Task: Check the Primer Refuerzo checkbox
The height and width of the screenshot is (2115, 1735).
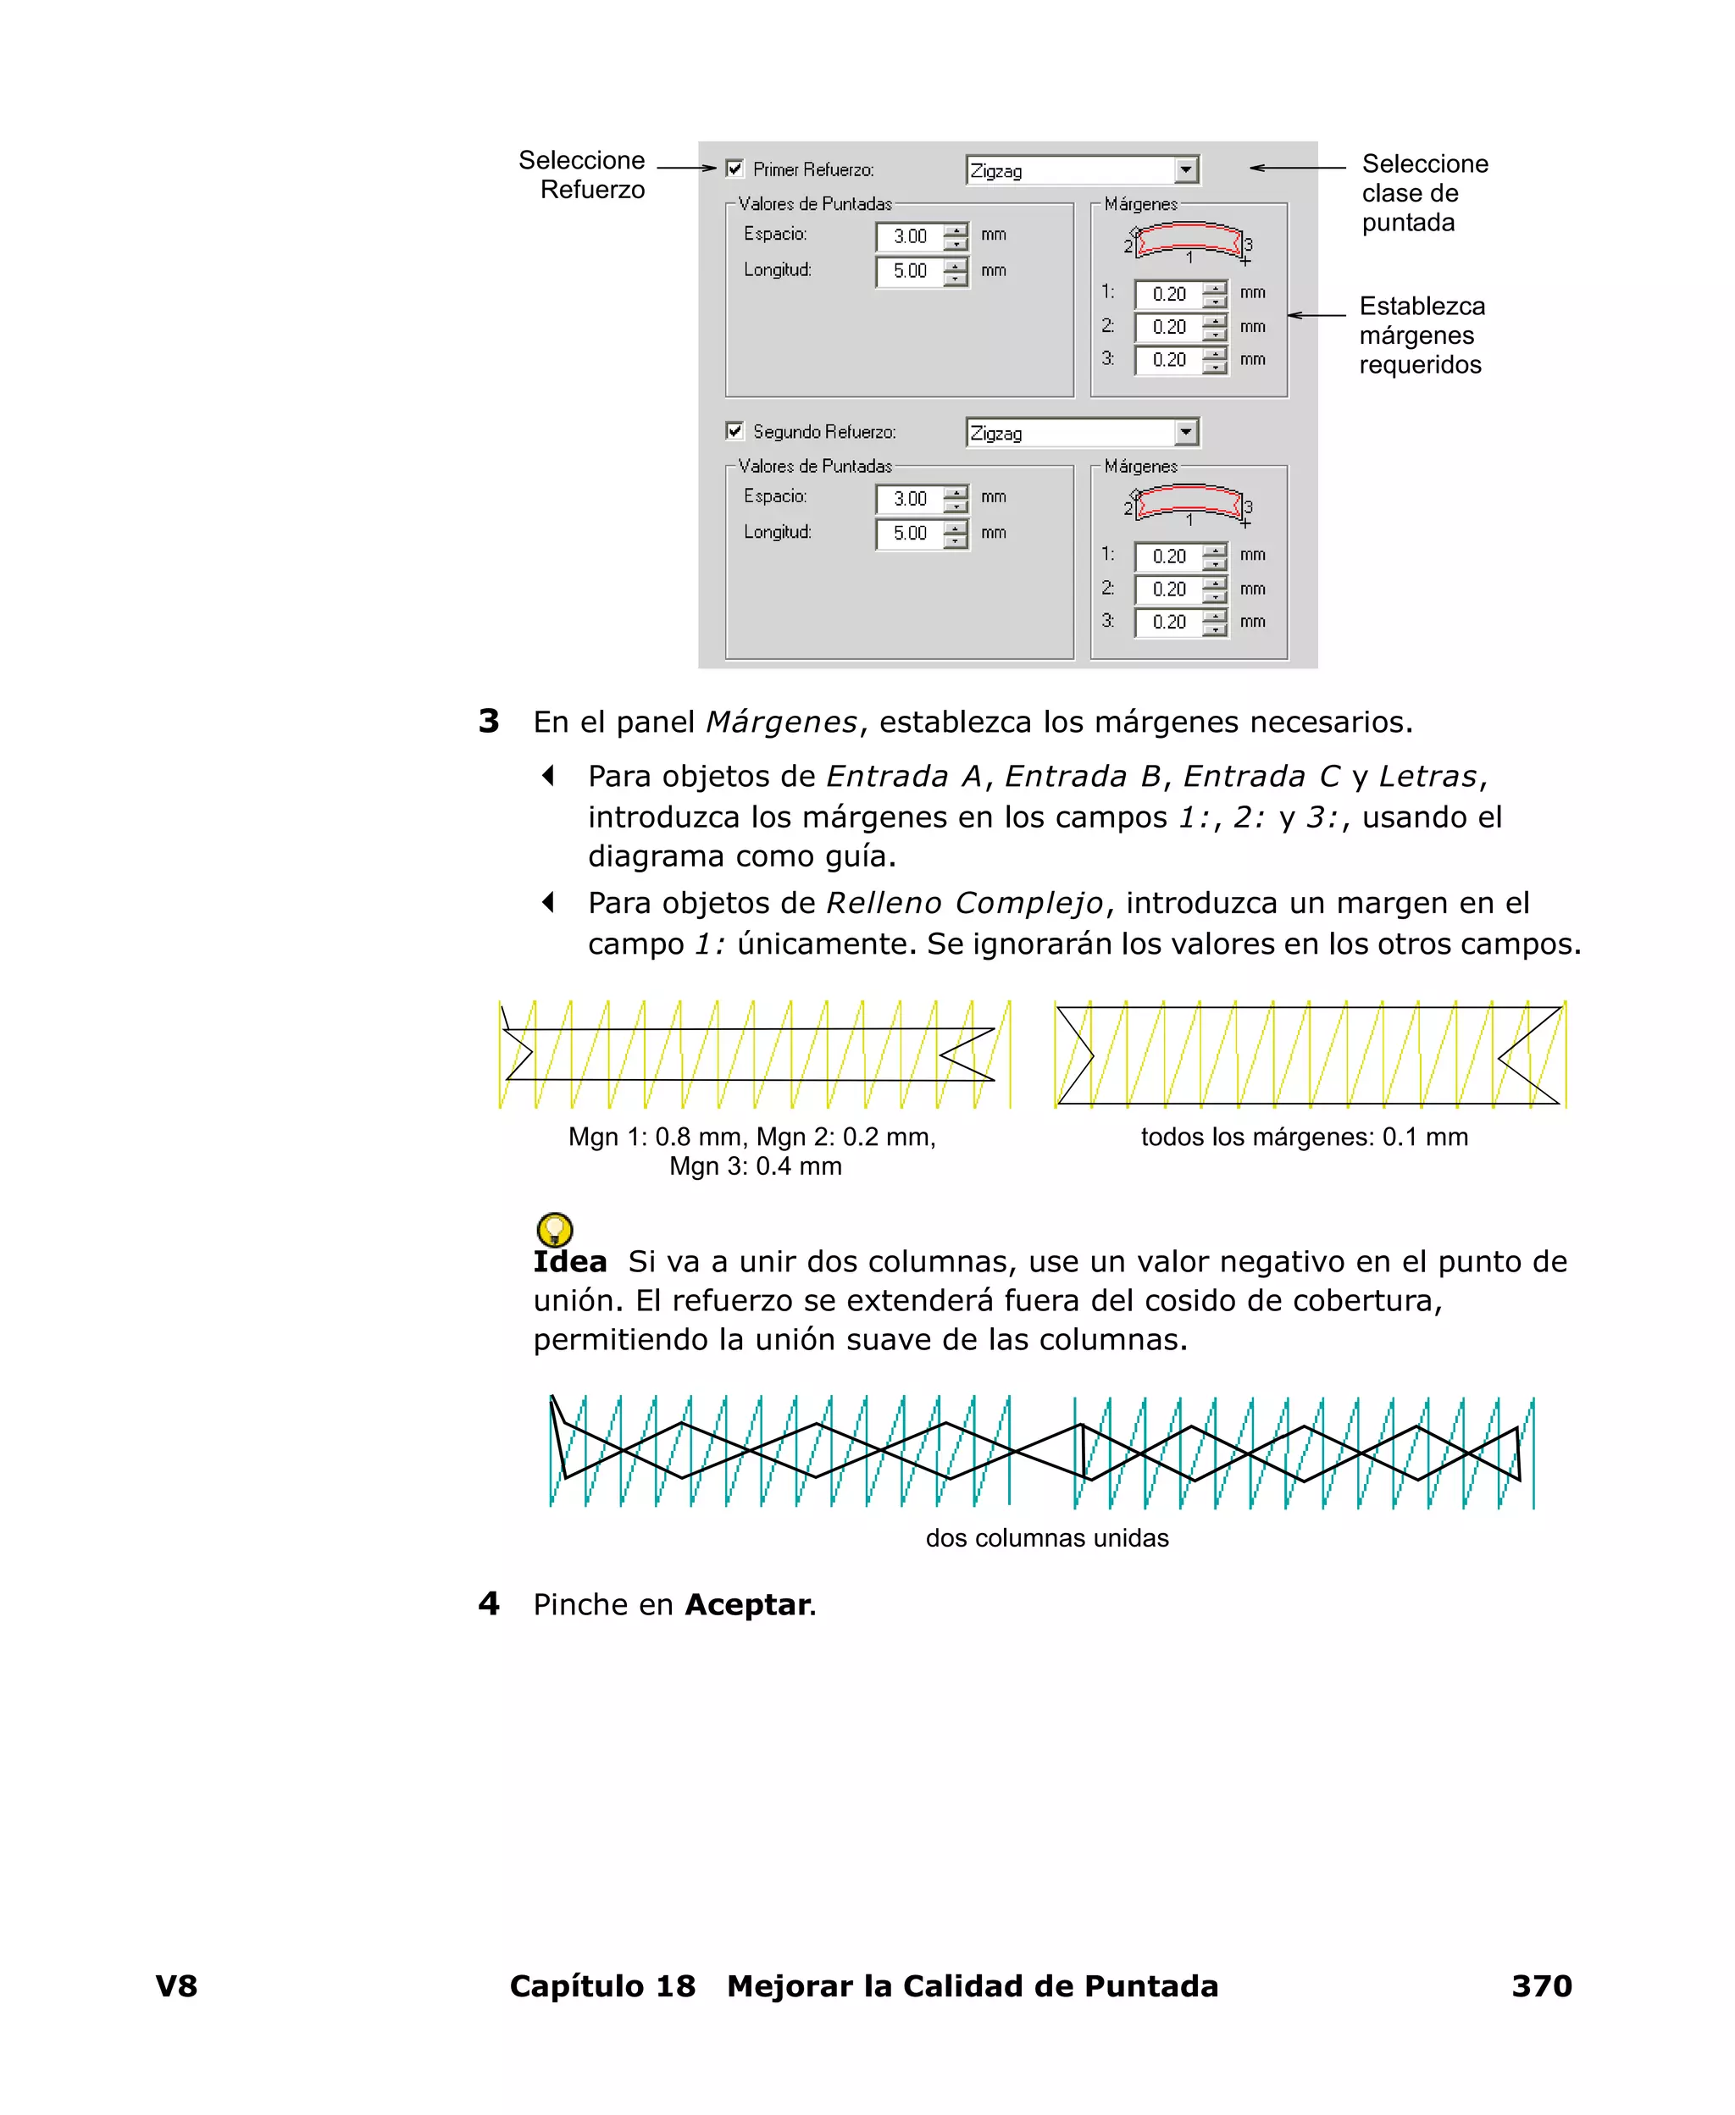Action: [734, 169]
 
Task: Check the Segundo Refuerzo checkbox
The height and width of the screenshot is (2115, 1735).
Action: [734, 430]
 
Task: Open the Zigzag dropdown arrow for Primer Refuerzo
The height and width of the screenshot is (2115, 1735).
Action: [1185, 170]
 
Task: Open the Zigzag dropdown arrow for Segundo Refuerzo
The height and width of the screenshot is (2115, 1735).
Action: [1185, 433]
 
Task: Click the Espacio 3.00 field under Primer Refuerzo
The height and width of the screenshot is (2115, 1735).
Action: [910, 237]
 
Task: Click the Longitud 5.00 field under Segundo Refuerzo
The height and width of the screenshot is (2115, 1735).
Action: [910, 534]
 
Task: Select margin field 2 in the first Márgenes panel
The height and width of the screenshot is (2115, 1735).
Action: [1168, 327]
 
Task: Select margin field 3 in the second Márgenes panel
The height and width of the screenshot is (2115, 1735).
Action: [1168, 623]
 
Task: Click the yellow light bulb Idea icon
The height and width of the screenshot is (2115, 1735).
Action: [555, 1229]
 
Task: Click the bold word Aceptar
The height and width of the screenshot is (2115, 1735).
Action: [747, 1604]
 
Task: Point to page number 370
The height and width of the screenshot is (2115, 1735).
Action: [1541, 1986]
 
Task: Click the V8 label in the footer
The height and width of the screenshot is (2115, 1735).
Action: [177, 1986]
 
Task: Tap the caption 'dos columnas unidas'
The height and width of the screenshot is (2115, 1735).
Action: [1046, 1537]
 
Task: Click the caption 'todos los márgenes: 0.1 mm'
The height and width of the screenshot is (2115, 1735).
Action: [1305, 1137]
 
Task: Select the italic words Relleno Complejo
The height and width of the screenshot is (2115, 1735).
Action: [964, 903]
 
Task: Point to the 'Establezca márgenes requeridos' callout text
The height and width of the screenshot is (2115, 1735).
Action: [1422, 335]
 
